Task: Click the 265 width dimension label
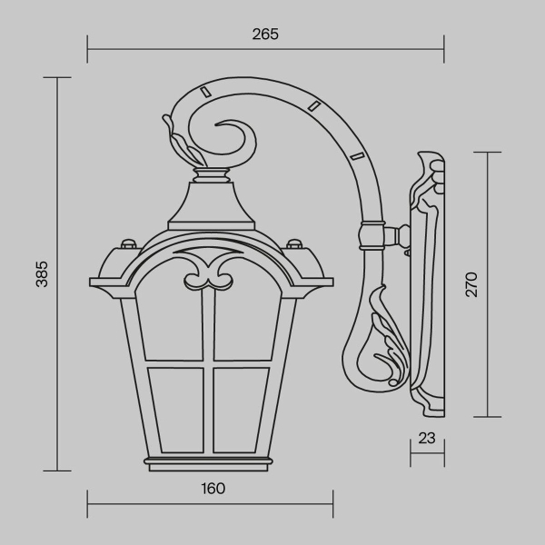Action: click(265, 34)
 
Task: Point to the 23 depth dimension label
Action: click(427, 438)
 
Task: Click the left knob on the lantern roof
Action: click(126, 243)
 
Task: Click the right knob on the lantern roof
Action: click(294, 243)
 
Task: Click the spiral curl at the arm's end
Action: click(234, 141)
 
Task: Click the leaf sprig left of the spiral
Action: click(180, 139)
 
